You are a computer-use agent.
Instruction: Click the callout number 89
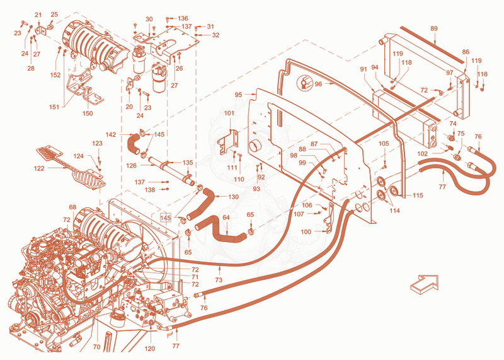(434, 28)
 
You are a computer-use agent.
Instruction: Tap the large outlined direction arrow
(424, 284)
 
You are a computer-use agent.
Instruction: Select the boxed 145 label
(166, 218)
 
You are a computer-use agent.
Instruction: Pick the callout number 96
(318, 84)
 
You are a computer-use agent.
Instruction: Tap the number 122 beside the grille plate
(39, 168)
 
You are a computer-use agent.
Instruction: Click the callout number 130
(233, 197)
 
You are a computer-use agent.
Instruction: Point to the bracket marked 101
(229, 141)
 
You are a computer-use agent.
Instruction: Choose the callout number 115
(418, 195)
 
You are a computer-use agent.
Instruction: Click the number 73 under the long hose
(219, 280)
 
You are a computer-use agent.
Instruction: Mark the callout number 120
(150, 349)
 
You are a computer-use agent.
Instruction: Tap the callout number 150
(88, 113)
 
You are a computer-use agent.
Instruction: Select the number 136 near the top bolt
(183, 18)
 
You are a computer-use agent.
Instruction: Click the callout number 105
(384, 144)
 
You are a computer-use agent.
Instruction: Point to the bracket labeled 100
(329, 219)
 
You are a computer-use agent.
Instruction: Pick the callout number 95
(239, 95)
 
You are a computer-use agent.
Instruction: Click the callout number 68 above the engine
(72, 207)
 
